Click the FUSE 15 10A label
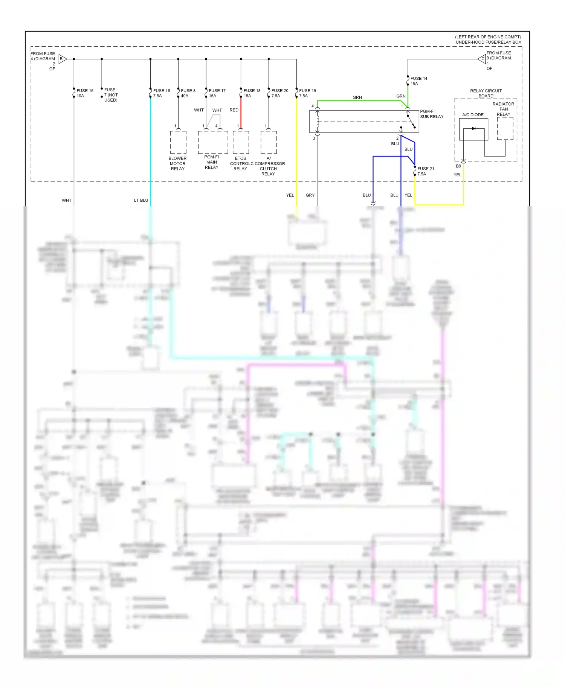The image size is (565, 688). coord(85,93)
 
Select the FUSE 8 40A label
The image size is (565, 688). coord(188,93)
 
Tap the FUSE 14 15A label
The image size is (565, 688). coord(418,81)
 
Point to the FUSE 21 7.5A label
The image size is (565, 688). coord(425,171)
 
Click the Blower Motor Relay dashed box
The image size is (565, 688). coord(178,142)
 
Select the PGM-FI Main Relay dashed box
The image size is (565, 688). coord(213,142)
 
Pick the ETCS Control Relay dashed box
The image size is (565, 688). coord(241,142)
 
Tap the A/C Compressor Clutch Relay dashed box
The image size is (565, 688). coord(269,142)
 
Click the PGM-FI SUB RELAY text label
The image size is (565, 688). coord(432,114)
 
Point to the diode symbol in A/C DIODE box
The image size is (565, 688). coord(473,129)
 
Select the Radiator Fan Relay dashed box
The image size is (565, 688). coord(505,128)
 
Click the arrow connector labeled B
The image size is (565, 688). coord(63,59)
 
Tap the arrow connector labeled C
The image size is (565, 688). coord(482,59)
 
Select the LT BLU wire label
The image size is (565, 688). coord(141,200)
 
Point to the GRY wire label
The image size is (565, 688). coord(310,195)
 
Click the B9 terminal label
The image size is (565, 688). coord(458,166)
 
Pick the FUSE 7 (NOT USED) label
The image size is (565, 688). coord(111,95)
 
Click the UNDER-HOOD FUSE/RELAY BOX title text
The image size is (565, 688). coord(488,42)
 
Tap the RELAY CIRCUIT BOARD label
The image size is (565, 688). coord(486,93)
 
